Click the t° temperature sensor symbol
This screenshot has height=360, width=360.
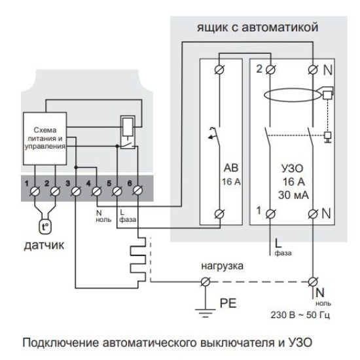45,227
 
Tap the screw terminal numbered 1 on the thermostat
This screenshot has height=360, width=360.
35,191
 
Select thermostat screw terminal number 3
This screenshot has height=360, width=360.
76,191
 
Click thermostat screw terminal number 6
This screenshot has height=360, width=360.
137,190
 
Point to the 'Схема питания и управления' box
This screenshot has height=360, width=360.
45,139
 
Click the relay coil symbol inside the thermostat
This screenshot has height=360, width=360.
128,127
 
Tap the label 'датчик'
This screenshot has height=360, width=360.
44,245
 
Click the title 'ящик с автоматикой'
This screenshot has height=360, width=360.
257,27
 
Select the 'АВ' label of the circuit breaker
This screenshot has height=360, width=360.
231,168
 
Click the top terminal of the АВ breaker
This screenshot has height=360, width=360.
219,69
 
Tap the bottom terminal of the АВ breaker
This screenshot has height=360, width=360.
219,214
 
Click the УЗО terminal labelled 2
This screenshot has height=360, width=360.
270,69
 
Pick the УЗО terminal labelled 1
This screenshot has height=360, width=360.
270,214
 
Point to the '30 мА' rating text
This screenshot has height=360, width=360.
293,195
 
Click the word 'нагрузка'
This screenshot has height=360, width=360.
223,266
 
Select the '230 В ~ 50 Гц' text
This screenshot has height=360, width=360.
300,315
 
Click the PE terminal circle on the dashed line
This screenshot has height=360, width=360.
206,281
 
